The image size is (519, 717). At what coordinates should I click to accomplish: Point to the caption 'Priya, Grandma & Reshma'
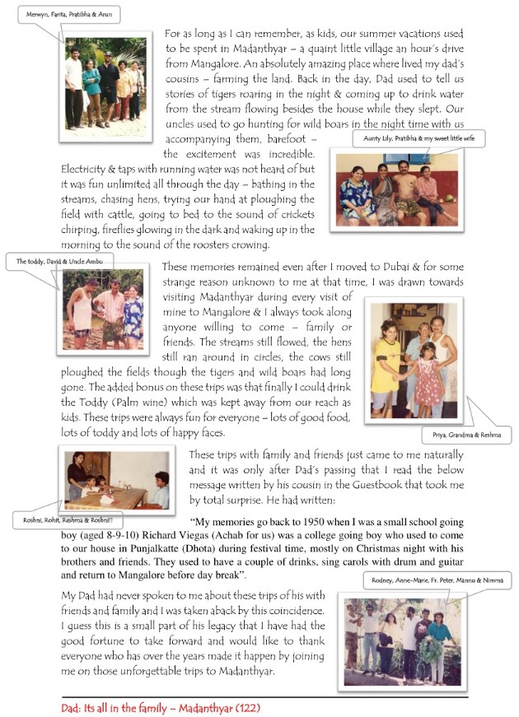pyautogui.click(x=465, y=435)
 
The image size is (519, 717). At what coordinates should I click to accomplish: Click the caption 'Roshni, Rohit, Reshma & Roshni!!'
pyautogui.click(x=57, y=520)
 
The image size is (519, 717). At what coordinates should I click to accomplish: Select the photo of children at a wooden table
pyautogui.click(x=116, y=479)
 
